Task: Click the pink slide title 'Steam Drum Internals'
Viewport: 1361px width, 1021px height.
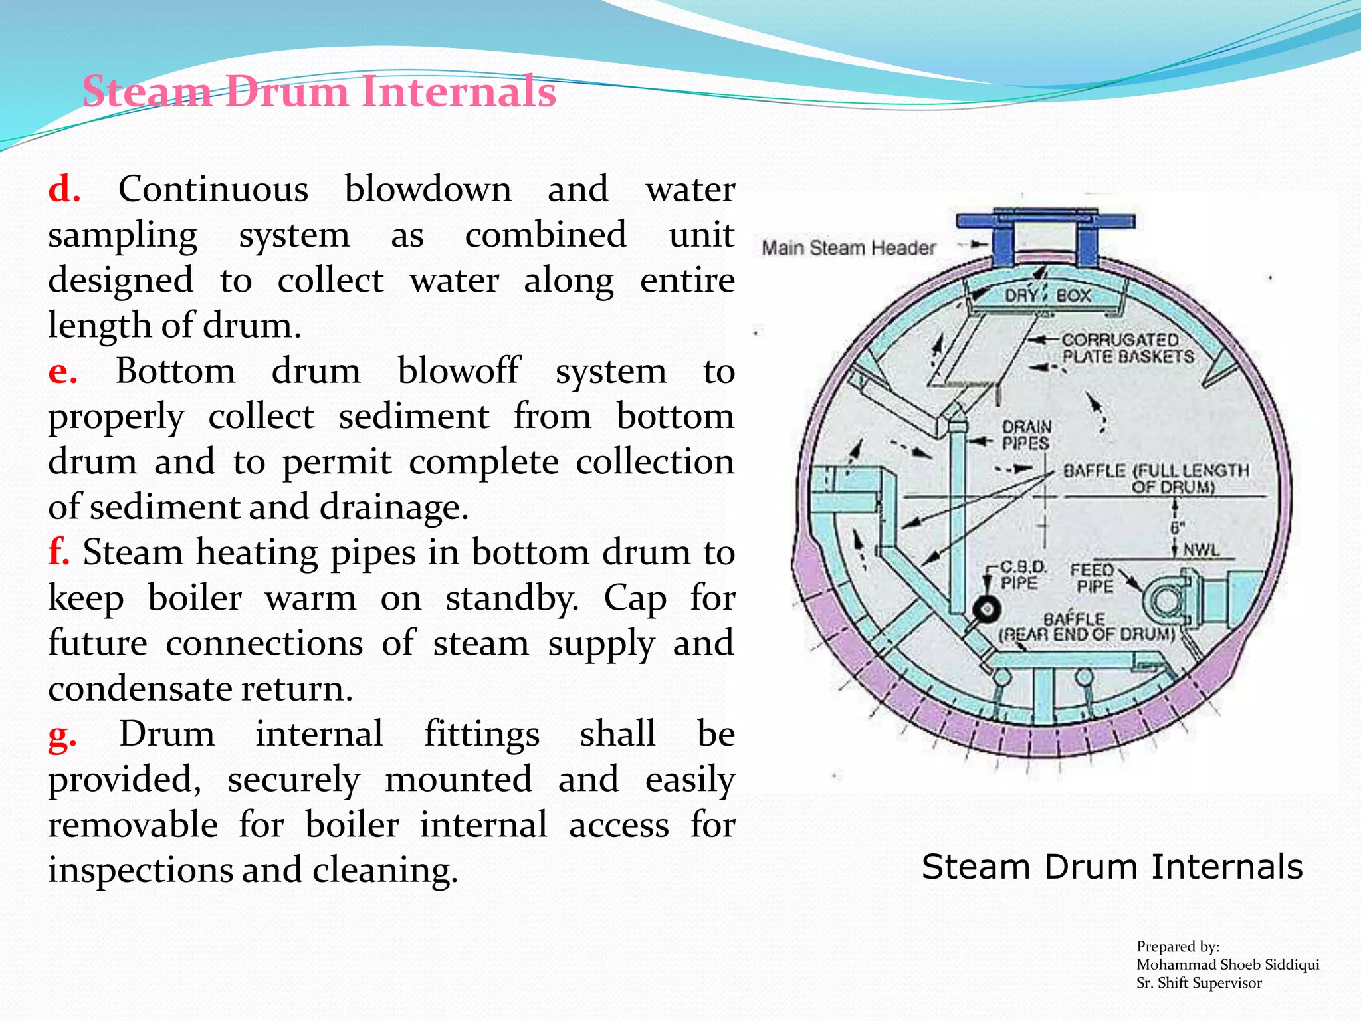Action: (319, 92)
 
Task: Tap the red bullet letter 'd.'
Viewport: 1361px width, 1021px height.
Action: (64, 190)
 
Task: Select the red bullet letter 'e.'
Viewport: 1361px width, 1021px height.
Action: (63, 372)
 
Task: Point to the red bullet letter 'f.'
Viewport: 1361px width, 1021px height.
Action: (58, 553)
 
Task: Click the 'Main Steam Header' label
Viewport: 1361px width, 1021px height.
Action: (848, 248)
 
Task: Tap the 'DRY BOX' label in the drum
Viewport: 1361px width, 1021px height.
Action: (1048, 296)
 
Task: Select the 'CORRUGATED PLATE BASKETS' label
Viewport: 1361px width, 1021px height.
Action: (1126, 348)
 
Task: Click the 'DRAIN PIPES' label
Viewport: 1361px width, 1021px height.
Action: (1026, 435)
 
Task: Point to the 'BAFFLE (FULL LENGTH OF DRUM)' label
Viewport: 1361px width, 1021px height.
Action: (1156, 478)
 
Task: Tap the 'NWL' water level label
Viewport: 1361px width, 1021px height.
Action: (1202, 550)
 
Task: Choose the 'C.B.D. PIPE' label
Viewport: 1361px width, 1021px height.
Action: (1022, 576)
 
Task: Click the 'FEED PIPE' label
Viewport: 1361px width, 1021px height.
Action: (1093, 578)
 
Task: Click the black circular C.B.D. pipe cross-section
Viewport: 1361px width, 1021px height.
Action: (986, 609)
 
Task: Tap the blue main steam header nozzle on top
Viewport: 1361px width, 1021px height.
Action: (1045, 236)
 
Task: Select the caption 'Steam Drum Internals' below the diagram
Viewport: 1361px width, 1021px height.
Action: (1112, 867)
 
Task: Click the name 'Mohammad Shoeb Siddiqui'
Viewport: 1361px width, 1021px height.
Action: (1227, 964)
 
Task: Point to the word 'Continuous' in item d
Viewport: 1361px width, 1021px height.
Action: (213, 190)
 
